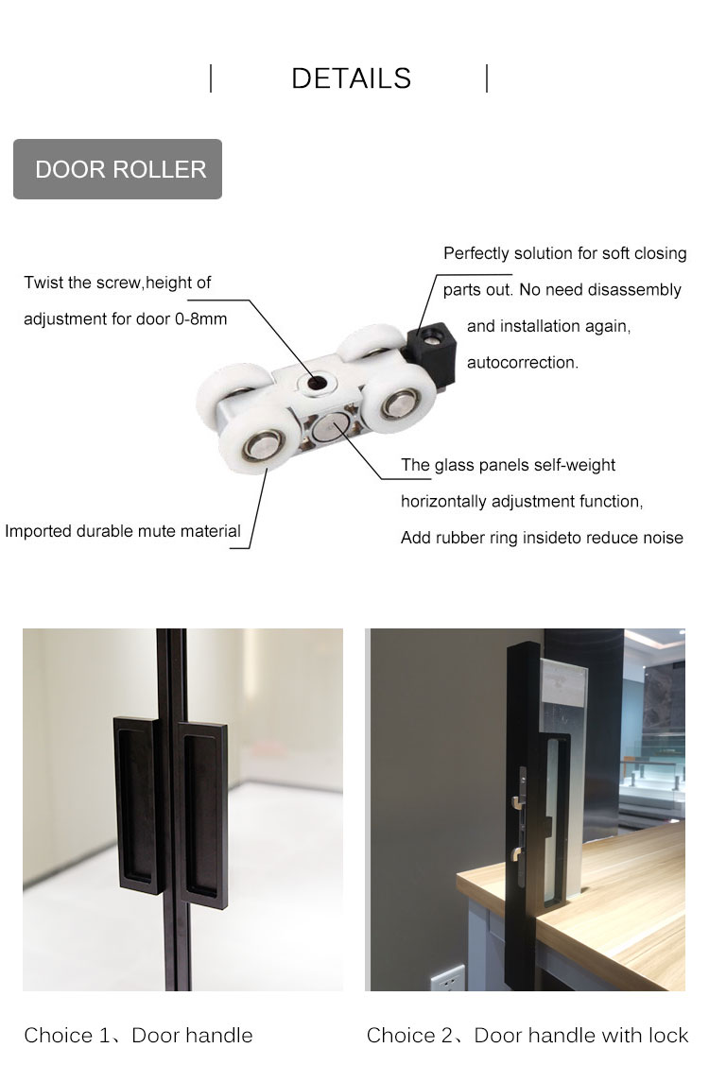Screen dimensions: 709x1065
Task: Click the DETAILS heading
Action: coord(351,78)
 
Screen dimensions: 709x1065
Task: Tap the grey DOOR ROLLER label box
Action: coord(117,169)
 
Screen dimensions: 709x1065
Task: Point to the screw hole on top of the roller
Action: coord(316,383)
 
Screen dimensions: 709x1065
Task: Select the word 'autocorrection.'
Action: coord(522,363)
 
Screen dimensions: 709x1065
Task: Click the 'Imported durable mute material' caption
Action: coord(122,531)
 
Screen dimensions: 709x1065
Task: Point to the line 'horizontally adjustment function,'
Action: coord(522,502)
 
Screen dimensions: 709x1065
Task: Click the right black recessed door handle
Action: coord(202,815)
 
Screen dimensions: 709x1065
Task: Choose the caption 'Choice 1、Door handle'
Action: coord(138,1035)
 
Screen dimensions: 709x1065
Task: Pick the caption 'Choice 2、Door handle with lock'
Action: coord(527,1035)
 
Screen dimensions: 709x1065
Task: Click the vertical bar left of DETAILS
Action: coord(211,78)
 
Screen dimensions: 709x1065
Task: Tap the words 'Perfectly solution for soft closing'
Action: coord(565,253)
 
